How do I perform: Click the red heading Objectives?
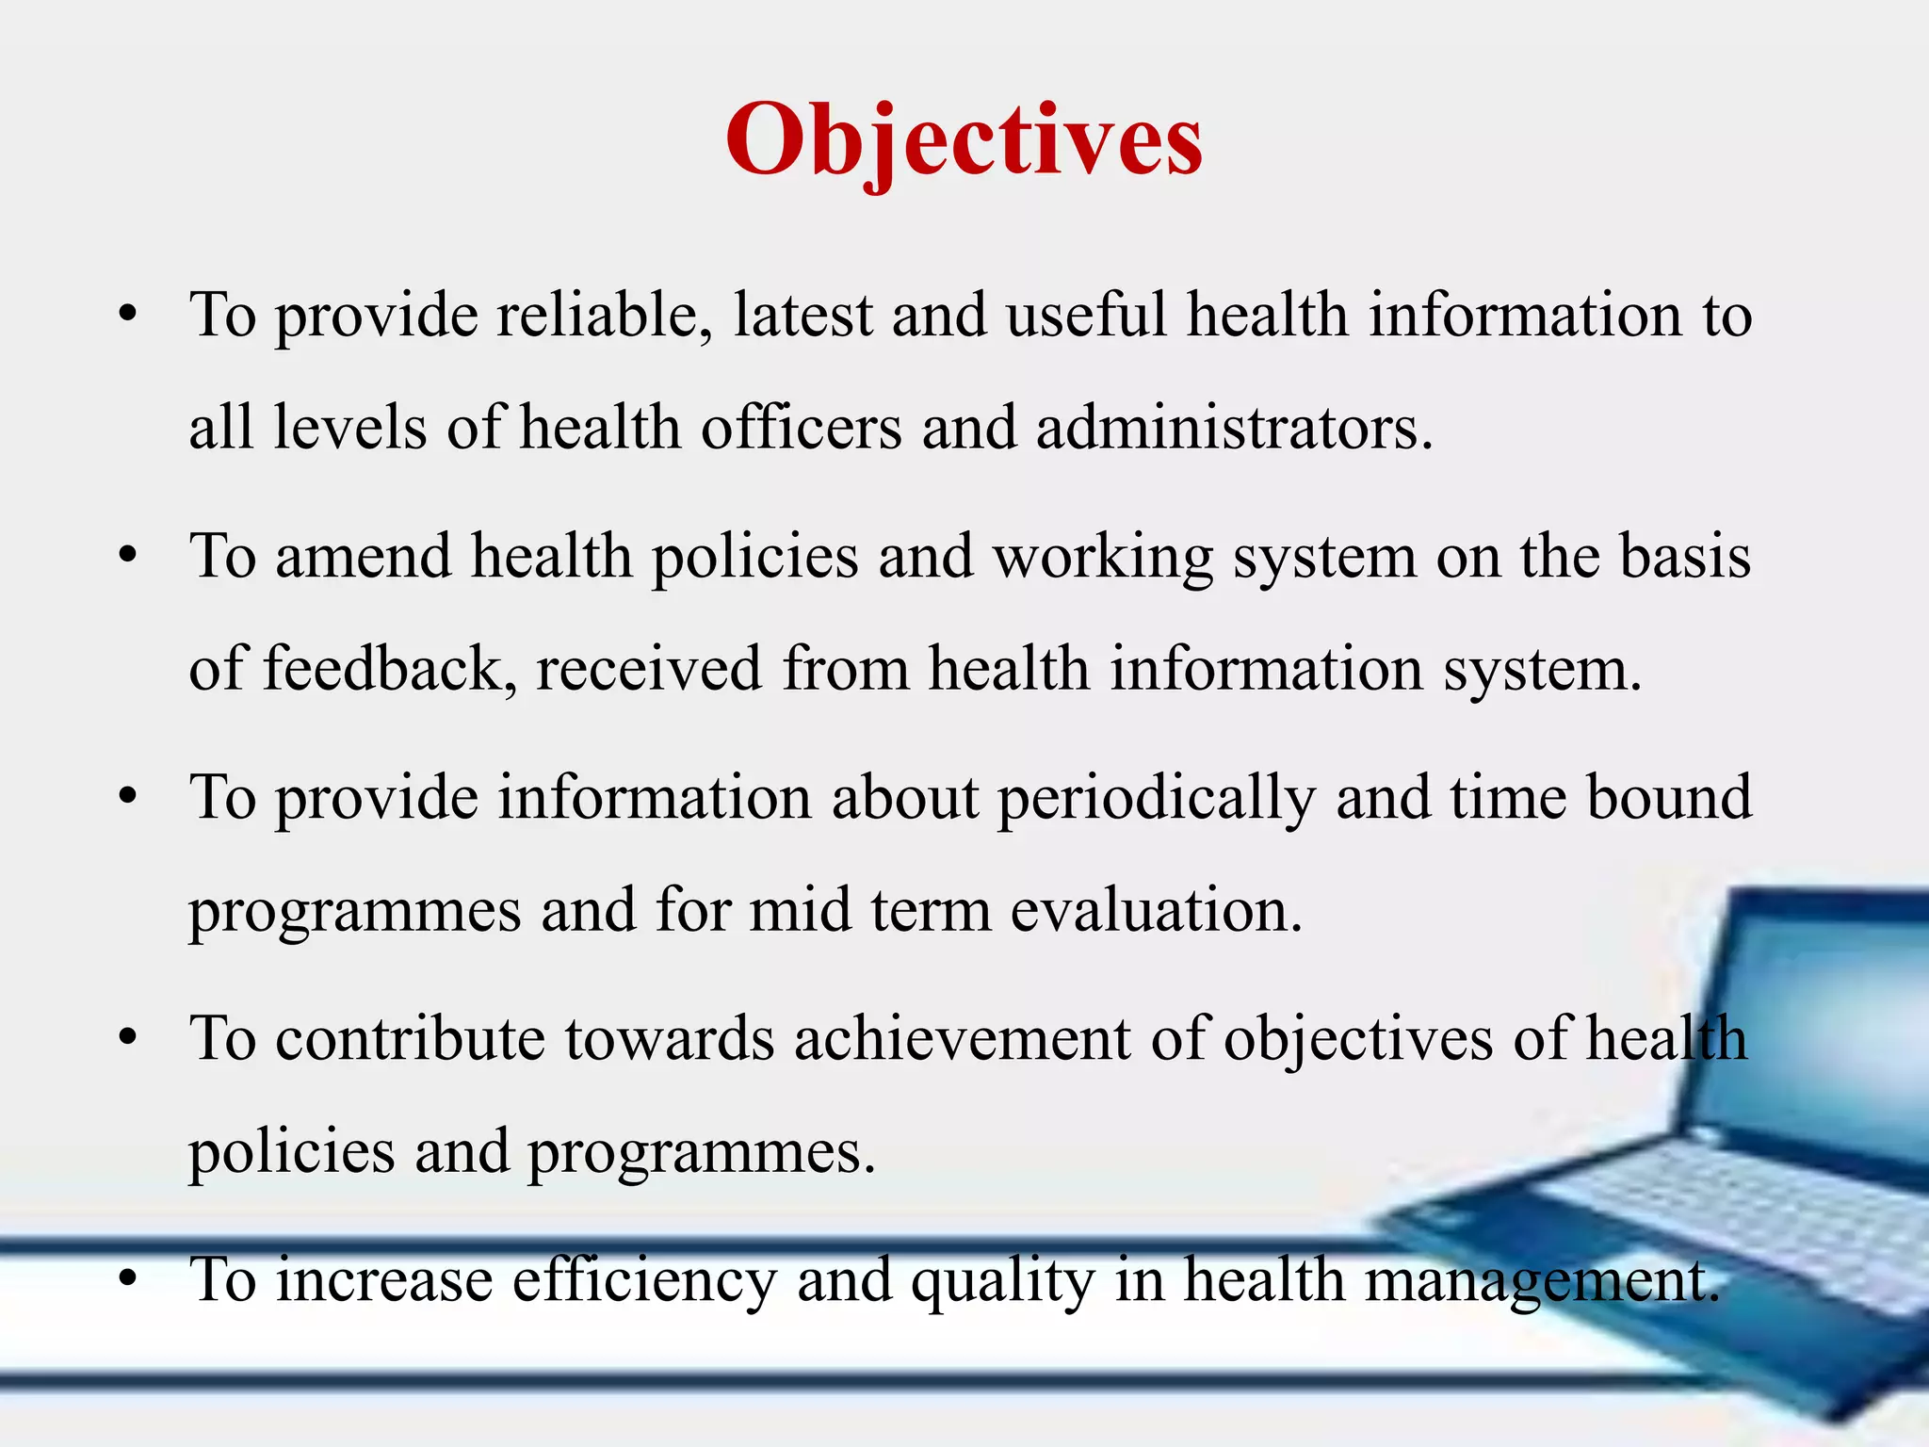click(x=964, y=141)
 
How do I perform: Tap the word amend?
click(x=363, y=556)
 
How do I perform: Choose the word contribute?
click(x=410, y=1039)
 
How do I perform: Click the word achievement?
click(x=962, y=1039)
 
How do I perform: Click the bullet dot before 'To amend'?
click(x=129, y=556)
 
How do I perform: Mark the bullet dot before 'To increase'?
click(x=129, y=1279)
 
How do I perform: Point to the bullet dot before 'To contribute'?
click(x=129, y=1038)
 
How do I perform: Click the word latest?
click(x=802, y=315)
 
